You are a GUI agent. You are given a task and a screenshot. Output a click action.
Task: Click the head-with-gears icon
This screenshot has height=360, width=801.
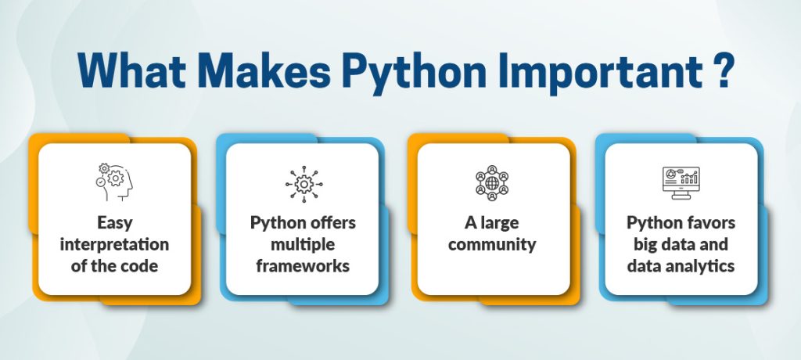pos(114,182)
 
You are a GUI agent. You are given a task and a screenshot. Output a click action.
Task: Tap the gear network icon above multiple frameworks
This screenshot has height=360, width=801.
pos(303,182)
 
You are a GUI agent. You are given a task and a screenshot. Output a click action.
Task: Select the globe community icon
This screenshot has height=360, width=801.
pos(491,182)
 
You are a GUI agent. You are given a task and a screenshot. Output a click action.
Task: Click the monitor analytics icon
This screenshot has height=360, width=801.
pos(681,182)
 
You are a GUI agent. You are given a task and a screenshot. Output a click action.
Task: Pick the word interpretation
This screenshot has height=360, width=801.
pos(114,245)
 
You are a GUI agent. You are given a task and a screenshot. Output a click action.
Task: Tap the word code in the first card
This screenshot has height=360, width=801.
pos(142,266)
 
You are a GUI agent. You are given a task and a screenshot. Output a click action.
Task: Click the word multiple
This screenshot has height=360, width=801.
pos(303,245)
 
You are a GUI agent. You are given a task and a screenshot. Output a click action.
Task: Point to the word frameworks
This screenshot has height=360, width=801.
pos(303,266)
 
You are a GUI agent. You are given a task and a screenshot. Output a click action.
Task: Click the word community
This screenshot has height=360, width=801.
pos(491,245)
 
